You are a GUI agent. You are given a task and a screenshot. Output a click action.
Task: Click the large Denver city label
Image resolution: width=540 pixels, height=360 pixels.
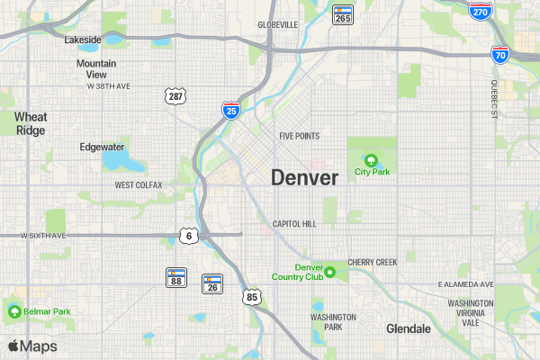(305, 177)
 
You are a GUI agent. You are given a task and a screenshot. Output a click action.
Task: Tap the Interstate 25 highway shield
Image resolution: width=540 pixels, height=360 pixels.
(231, 111)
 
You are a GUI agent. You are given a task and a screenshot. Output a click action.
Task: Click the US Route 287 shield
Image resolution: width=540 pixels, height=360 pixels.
(175, 95)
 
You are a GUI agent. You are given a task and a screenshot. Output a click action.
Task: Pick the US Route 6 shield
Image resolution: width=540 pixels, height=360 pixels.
(188, 236)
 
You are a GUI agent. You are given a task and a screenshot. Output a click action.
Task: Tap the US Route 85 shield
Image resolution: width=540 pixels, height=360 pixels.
(252, 296)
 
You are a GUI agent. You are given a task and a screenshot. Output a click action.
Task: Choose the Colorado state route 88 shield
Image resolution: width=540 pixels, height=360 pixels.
(176, 278)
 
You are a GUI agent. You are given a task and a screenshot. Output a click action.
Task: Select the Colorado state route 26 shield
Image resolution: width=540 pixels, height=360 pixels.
(212, 284)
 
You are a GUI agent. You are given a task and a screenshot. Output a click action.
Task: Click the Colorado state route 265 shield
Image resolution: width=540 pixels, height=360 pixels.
(342, 14)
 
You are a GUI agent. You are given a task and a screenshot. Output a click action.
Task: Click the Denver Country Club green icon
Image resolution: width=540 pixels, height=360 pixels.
(330, 272)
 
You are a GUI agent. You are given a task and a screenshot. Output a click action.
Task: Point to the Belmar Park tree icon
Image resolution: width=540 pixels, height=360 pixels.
(14, 311)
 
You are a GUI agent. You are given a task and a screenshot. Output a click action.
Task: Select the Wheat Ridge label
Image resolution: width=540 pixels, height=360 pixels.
(31, 123)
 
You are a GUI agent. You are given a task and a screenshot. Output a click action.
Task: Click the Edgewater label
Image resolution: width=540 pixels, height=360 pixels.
(103, 147)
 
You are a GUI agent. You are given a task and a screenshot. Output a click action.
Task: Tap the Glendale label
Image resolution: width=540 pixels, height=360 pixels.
(409, 328)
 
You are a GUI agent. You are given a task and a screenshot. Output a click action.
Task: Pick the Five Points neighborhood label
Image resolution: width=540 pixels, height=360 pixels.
(300, 136)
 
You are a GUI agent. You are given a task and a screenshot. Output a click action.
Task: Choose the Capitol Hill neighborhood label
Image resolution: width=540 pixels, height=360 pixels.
(295, 223)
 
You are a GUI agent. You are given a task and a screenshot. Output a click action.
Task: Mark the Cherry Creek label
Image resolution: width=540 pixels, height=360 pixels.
(373, 262)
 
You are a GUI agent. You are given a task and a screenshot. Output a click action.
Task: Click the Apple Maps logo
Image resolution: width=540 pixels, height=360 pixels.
(32, 346)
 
